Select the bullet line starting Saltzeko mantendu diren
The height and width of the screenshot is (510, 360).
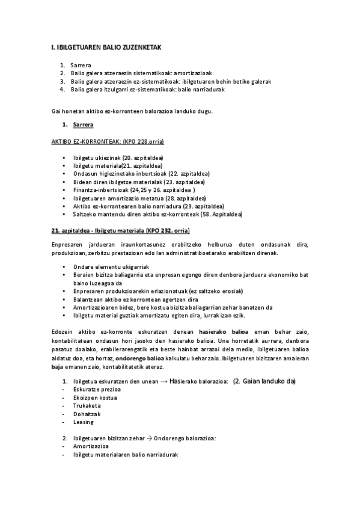point(158,214)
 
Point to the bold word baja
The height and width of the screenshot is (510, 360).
point(57,366)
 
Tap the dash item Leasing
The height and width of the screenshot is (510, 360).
point(84,422)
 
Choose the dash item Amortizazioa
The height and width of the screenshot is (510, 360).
point(91,447)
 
